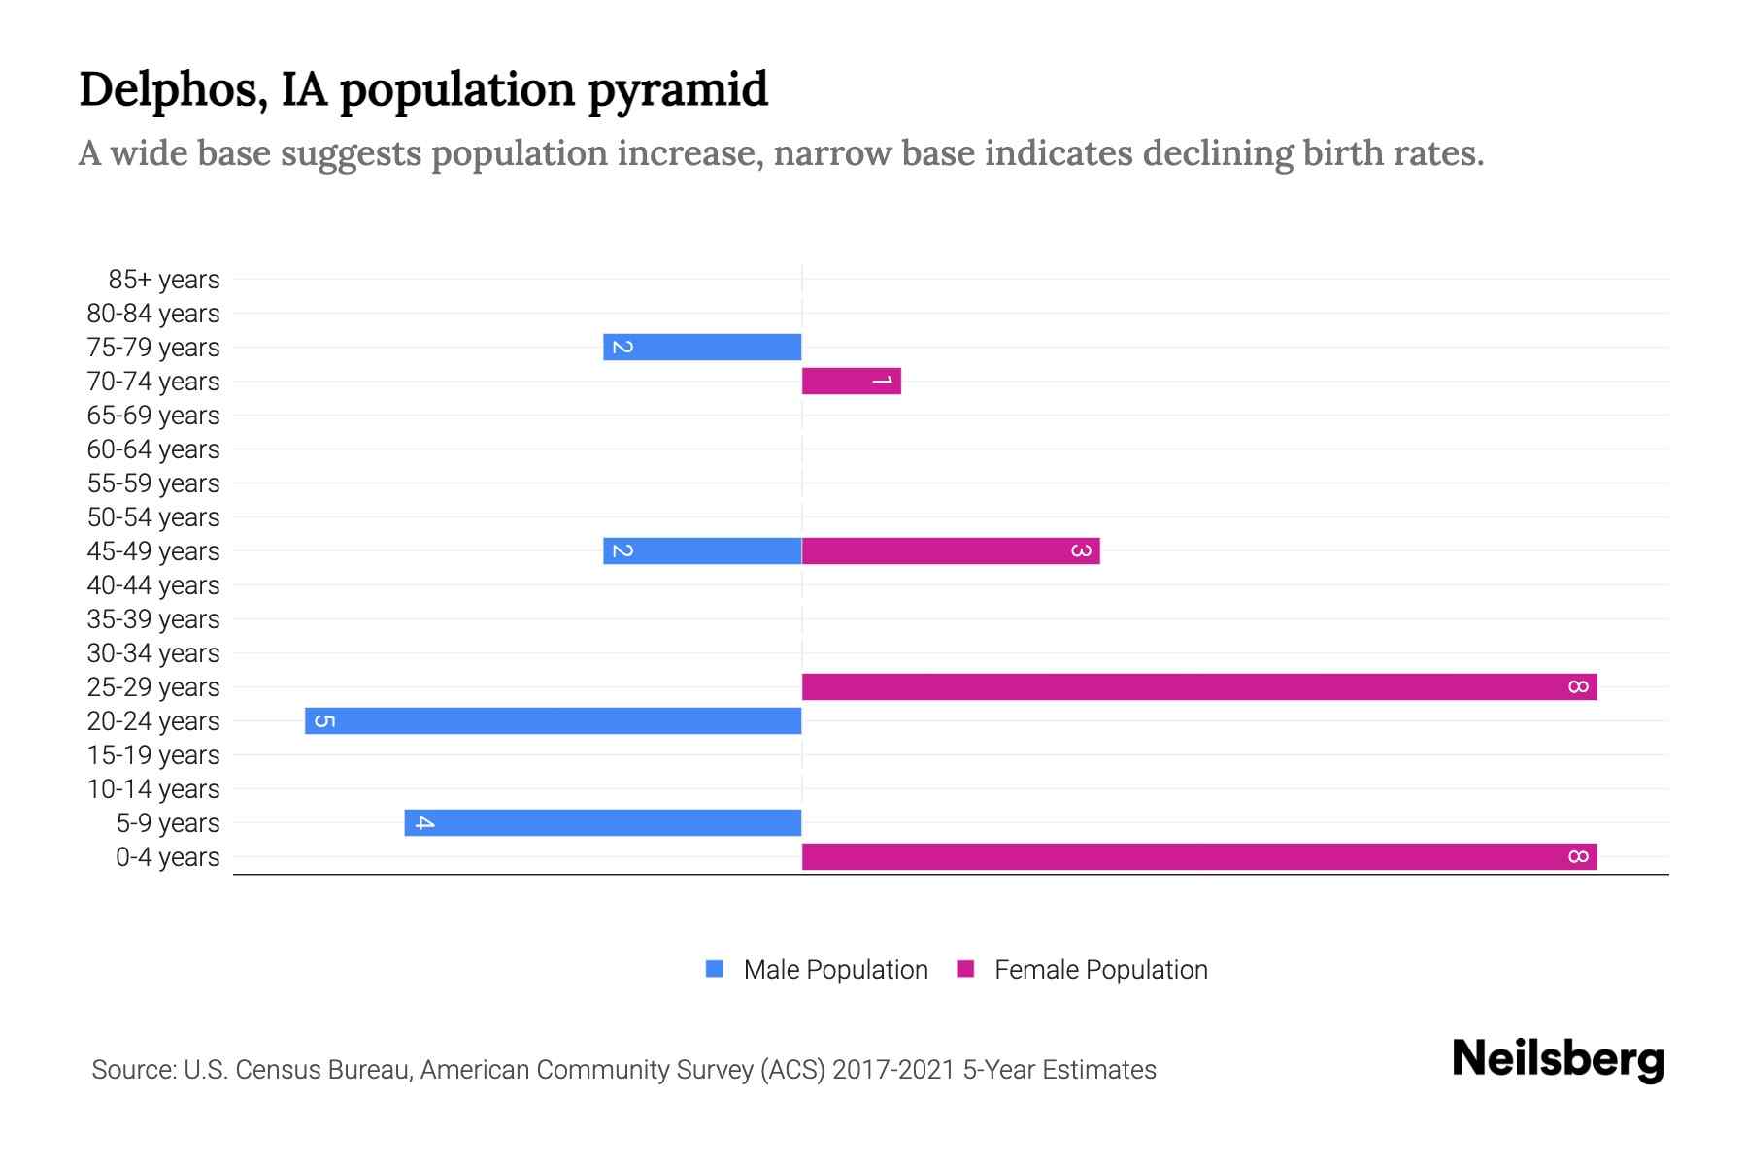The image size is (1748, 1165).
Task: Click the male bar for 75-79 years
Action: [x=702, y=347]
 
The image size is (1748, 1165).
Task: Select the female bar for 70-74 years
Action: [x=851, y=381]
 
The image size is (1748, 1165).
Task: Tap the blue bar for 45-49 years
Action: [x=702, y=550]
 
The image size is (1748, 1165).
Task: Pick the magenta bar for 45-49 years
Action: [x=950, y=550]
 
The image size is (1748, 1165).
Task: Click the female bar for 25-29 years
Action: [x=1198, y=686]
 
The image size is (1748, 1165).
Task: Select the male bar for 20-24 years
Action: [x=554, y=720]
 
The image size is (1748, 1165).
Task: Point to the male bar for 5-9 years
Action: [x=603, y=822]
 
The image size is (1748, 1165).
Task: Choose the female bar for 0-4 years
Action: [x=1198, y=856]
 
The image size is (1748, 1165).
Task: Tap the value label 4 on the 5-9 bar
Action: [x=424, y=822]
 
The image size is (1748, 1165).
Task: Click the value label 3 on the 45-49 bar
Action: [x=1081, y=550]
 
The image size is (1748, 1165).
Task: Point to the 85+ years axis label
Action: [x=164, y=280]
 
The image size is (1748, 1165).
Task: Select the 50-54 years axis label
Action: [x=153, y=517]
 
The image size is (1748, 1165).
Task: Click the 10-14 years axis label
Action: [x=153, y=789]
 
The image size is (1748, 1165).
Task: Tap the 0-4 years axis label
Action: [x=167, y=857]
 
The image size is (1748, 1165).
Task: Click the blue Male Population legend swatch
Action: [x=715, y=969]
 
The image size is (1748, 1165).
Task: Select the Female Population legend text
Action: [x=1100, y=969]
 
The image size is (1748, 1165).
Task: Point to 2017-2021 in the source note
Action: [x=893, y=1070]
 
